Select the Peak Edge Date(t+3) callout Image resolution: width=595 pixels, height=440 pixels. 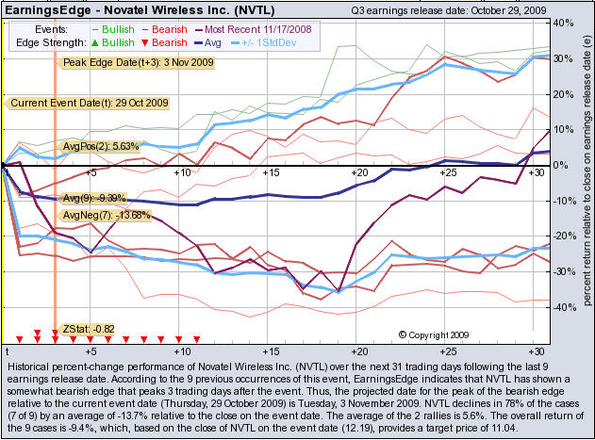point(138,62)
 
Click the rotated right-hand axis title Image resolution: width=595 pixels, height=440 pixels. point(587,179)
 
